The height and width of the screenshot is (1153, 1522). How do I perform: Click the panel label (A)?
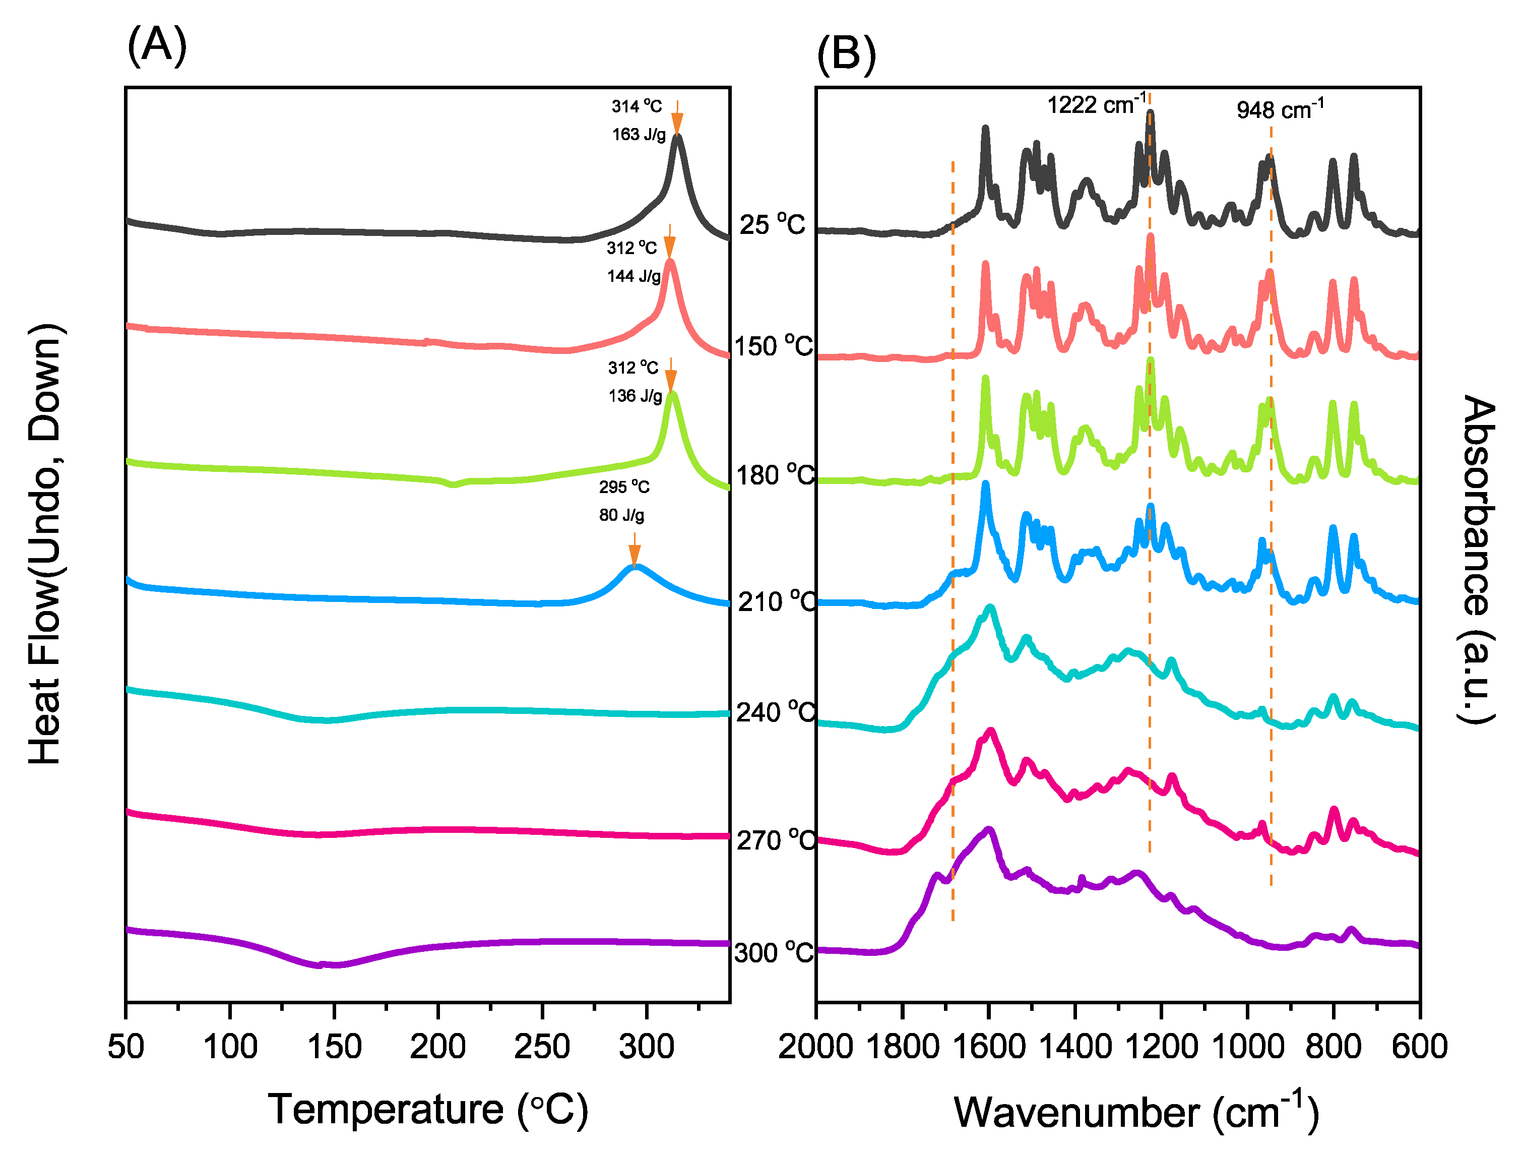pos(157,46)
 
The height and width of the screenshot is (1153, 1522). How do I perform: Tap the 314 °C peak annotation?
pos(637,107)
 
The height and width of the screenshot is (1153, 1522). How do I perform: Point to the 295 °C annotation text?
pos(623,488)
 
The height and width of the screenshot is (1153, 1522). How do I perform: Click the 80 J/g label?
pos(621,516)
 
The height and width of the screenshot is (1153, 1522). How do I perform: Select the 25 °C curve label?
pos(772,224)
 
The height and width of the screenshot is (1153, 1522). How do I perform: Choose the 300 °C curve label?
pos(774,953)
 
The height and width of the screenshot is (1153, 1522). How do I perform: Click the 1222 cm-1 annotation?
pos(1096,105)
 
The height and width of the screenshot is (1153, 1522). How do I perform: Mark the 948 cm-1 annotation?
pos(1280,109)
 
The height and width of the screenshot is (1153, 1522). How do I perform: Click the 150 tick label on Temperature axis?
pos(335,1048)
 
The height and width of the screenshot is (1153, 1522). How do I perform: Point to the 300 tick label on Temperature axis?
pos(646,1048)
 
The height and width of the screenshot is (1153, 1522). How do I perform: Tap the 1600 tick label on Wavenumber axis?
pos(988,1048)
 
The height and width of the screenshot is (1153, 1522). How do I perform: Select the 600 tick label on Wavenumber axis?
pos(1419,1048)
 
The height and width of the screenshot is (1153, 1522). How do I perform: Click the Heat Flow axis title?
pos(47,544)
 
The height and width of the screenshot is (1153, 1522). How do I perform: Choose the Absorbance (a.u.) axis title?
pos(1478,559)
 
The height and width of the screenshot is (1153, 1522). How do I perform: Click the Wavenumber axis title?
pos(1135,1112)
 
